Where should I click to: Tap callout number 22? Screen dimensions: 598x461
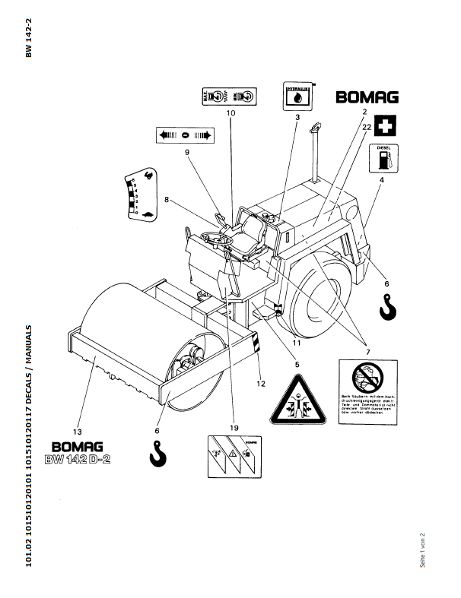[367, 128]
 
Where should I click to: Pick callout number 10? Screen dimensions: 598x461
[230, 113]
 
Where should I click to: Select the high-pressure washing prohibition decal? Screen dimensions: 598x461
[367, 394]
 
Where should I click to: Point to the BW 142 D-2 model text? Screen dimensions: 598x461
[78, 459]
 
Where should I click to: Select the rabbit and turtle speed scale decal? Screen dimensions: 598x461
[138, 195]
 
